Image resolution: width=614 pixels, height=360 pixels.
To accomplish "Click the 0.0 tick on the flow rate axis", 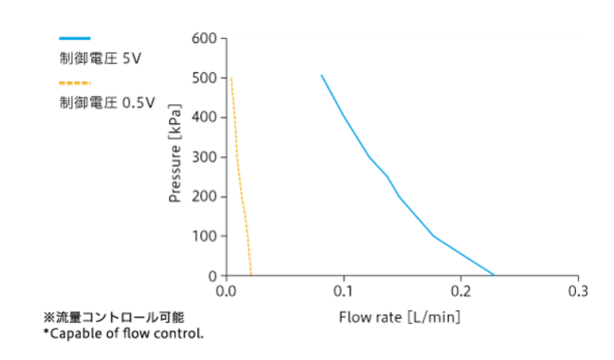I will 226,290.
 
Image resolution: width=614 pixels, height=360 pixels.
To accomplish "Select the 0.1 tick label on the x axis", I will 343,290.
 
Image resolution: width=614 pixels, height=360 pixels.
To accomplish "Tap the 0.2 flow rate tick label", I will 461,290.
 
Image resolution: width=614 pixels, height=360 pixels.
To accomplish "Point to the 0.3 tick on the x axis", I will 578,290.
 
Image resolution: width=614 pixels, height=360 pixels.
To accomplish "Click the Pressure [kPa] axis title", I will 176,157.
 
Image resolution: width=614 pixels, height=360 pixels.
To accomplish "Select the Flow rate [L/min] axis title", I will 400,318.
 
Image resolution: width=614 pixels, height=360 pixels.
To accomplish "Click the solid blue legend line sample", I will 75,39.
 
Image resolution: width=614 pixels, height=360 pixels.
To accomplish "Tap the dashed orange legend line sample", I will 75,83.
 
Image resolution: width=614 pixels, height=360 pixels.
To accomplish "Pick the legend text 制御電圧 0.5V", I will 107,103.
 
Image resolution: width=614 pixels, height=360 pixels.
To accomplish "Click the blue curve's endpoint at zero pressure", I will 494,275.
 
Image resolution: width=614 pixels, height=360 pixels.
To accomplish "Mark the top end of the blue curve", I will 321,75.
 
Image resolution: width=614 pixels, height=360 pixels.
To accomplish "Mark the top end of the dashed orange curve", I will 231,78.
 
